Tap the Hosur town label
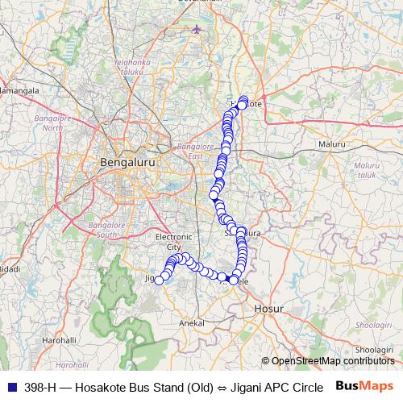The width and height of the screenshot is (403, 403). tap(268, 308)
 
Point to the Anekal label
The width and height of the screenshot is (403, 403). tap(191, 322)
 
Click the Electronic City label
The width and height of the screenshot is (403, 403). tap(174, 242)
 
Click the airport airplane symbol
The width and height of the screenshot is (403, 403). tap(197, 30)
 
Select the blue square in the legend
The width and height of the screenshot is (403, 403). tap(10, 386)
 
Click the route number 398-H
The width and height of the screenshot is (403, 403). tap(39, 386)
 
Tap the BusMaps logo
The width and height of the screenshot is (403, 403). tap(365, 385)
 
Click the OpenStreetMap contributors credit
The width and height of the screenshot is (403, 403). tap(331, 361)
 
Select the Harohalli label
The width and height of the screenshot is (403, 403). tap(60, 340)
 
